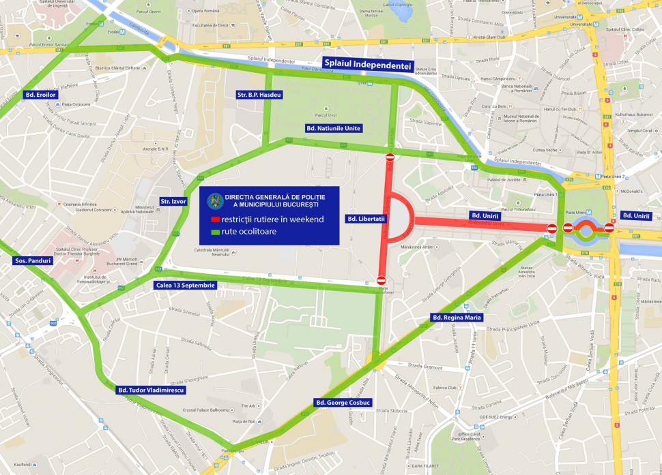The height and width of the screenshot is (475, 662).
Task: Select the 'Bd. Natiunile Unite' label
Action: coord(333,127)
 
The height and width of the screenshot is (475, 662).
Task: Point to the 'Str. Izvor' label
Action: coord(173,201)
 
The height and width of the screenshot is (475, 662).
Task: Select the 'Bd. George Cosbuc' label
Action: coord(342,403)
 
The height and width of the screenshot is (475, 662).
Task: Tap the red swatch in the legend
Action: coord(214,219)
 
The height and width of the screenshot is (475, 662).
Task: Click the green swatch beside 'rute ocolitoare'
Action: coord(214,232)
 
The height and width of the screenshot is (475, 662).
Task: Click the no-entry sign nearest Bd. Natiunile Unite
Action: coord(390,157)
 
